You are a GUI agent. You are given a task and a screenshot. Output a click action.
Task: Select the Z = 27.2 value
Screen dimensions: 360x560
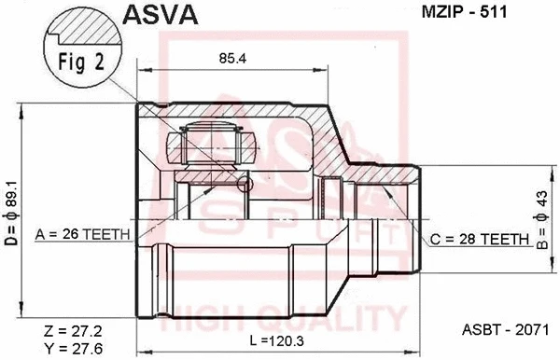70,330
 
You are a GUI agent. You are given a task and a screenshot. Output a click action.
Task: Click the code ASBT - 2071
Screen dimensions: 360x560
502,329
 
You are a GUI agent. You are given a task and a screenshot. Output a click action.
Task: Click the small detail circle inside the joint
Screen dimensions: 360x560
245,186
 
